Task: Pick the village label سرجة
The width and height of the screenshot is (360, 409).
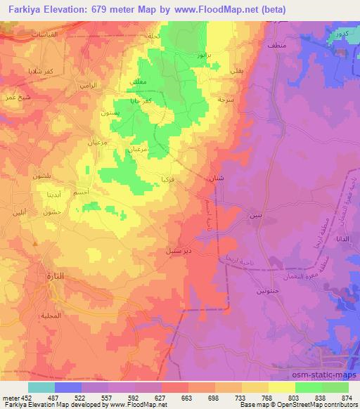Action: pos(205,100)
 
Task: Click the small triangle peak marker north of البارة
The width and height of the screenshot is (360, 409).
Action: pos(36,243)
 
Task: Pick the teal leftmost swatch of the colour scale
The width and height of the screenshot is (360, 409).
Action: pos(41,387)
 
